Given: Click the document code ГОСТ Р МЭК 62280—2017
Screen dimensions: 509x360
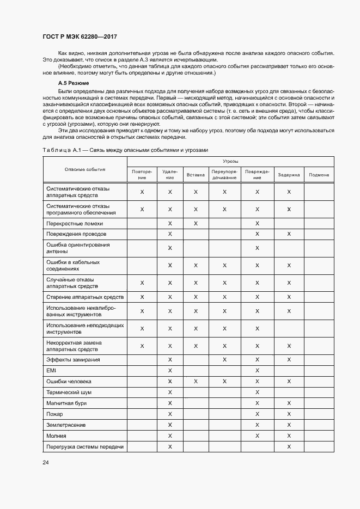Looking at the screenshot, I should (x=80, y=36).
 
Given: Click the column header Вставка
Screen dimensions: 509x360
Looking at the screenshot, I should (x=196, y=175).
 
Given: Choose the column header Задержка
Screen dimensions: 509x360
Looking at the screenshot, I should (x=289, y=175).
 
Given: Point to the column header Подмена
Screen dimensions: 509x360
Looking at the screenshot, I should (x=319, y=175).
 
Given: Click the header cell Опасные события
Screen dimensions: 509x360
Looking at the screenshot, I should (x=84, y=169).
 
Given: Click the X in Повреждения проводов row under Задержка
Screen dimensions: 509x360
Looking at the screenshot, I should (x=289, y=234).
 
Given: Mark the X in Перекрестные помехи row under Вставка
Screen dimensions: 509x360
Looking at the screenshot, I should (x=196, y=223).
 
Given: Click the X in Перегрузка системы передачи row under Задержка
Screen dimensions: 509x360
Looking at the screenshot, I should (x=289, y=446).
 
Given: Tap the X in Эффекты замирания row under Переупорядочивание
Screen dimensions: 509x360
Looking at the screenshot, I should (x=224, y=360).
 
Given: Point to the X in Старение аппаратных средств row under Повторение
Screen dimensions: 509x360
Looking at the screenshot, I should (x=142, y=297).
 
